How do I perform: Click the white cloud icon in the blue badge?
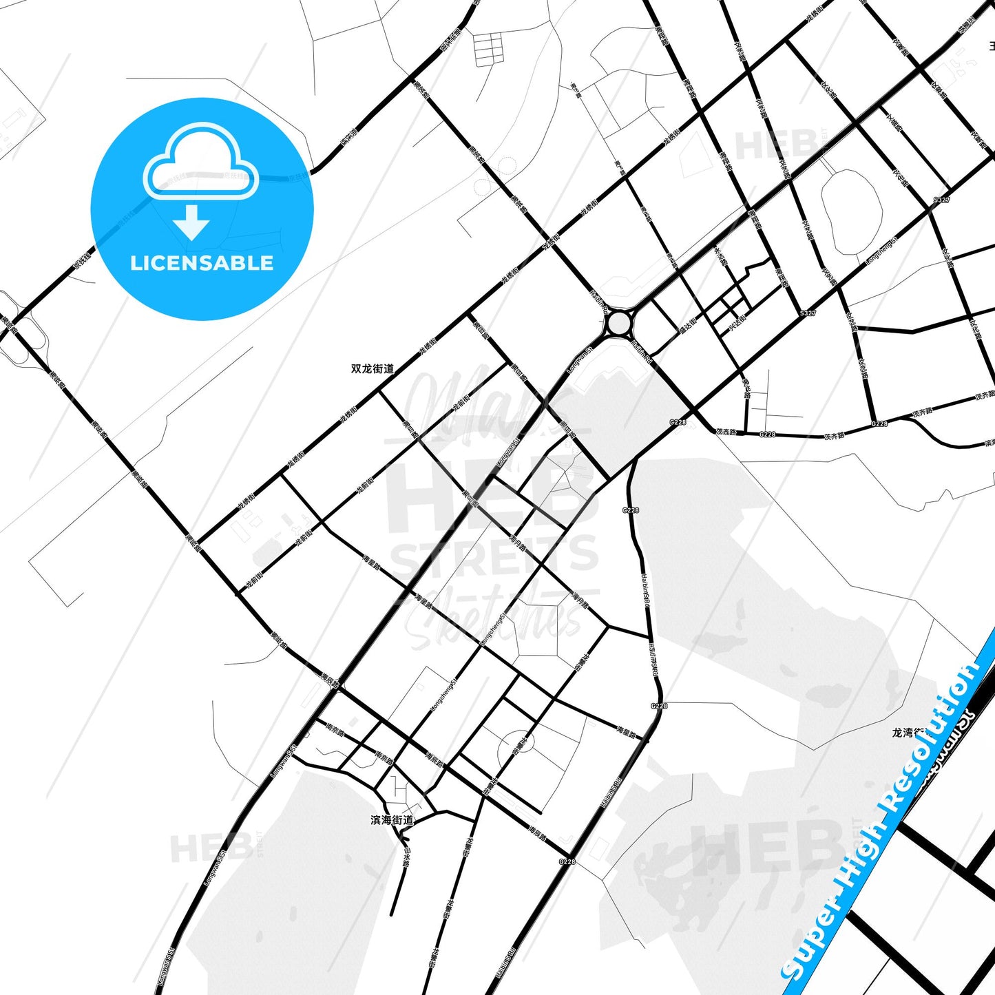click(200, 162)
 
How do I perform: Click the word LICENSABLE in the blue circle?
click(202, 263)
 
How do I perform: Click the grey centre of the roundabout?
click(619, 322)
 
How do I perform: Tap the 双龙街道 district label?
click(373, 368)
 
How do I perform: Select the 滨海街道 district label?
click(392, 819)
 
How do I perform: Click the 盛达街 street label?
click(688, 324)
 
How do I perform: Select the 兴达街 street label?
click(737, 322)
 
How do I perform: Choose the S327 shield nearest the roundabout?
click(808, 313)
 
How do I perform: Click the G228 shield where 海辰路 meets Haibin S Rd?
click(567, 861)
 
